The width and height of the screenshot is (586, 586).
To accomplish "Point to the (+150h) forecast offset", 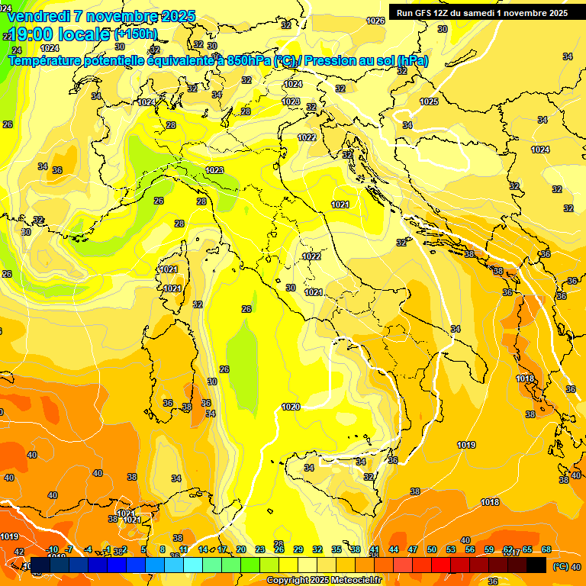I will [x=136, y=34].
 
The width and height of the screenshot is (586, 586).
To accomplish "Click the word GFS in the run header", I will [x=424, y=13].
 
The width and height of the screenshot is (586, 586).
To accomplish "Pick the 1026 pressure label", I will [x=375, y=21].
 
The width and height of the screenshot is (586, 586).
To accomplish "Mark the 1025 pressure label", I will [x=429, y=101].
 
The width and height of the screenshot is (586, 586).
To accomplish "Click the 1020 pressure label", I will [x=291, y=407].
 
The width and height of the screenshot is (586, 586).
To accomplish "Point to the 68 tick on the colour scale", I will [x=546, y=549].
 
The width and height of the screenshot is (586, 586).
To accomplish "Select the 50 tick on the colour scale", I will [x=432, y=549].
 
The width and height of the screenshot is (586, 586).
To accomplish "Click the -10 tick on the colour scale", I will [x=52, y=549].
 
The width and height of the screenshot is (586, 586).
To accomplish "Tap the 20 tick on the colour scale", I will [x=241, y=549].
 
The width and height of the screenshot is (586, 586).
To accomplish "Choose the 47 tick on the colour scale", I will [x=413, y=549].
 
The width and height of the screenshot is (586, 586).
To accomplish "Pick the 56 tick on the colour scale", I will [x=470, y=549].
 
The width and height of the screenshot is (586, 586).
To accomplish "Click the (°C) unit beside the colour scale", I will [x=559, y=566].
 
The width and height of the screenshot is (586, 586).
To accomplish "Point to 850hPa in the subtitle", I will [x=249, y=60].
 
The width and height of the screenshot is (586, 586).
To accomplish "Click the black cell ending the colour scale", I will [x=536, y=565].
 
